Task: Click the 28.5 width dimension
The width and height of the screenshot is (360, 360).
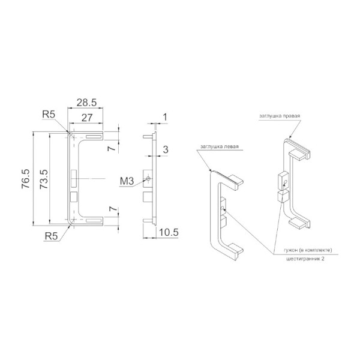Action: click(86, 103)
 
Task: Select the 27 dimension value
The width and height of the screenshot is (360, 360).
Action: click(87, 118)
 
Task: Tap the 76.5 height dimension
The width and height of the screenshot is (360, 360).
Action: click(25, 179)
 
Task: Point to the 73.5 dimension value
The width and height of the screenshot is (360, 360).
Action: click(44, 179)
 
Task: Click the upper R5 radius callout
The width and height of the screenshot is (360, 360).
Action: click(49, 114)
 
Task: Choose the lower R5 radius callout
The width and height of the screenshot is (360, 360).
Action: click(52, 236)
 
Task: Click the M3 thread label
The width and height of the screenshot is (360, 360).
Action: click(127, 181)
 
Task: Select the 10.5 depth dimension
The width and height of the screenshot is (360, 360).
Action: click(169, 232)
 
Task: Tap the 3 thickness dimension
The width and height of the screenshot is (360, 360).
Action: click(166, 149)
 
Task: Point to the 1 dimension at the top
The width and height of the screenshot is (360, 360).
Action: click(165, 118)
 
